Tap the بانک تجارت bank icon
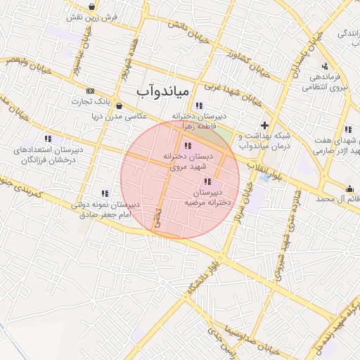coord(90,91)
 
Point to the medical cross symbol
coord(264,125)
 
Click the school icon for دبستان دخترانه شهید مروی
coord(186,146)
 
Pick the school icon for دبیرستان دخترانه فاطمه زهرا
coord(200,106)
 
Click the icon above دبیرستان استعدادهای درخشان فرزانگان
coord(48,139)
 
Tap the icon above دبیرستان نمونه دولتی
coord(105,193)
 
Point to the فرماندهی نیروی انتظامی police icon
coord(324,65)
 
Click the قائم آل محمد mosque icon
coord(350,188)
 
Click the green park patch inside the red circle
coord(224,134)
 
